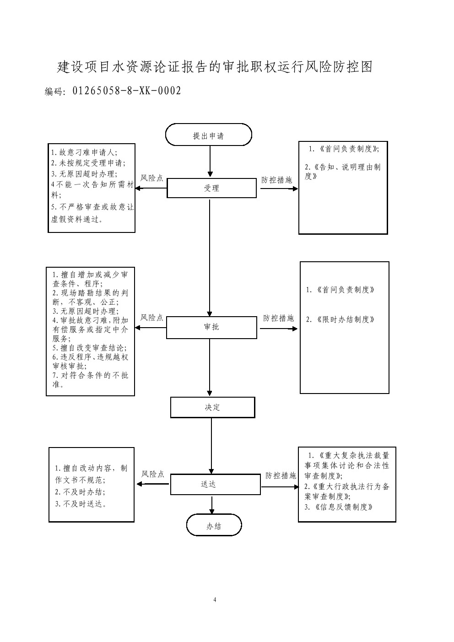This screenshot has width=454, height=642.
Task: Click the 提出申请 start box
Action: [x=209, y=135]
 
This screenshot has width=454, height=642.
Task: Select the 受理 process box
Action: [x=211, y=188]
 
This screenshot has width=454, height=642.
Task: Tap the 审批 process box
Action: [x=211, y=327]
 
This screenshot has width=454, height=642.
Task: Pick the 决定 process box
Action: [x=212, y=407]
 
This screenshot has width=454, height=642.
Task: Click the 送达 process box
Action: [x=209, y=484]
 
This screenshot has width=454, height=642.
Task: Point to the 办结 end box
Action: [x=214, y=526]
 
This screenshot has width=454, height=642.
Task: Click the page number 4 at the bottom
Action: [x=214, y=600]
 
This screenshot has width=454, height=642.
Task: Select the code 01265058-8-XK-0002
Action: [x=127, y=91]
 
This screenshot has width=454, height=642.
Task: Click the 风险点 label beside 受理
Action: [x=152, y=178]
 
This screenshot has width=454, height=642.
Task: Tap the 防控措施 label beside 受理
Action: [x=277, y=180]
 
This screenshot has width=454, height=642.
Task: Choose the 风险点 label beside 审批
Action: [x=152, y=317]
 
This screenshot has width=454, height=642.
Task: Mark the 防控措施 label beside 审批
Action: [x=278, y=318]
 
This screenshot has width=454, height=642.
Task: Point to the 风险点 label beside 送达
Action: [x=153, y=474]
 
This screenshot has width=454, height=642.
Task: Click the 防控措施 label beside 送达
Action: [x=281, y=476]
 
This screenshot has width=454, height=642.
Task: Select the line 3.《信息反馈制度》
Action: [x=339, y=507]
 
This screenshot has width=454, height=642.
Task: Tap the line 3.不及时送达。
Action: [x=81, y=504]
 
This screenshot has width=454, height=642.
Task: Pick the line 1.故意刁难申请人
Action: [x=84, y=152]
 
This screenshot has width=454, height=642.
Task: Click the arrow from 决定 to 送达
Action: [x=211, y=446]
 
